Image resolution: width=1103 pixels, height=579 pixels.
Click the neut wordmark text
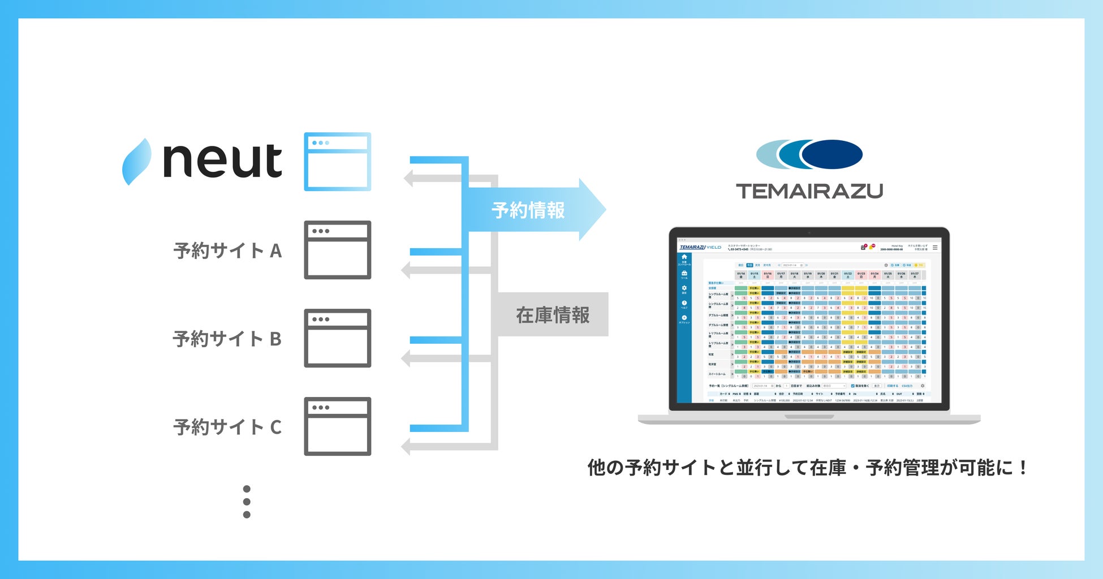click(222, 161)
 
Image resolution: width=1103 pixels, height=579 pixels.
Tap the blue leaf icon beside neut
click(137, 162)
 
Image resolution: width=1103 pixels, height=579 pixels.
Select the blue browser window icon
click(337, 162)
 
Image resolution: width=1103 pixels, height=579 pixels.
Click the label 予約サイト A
click(227, 250)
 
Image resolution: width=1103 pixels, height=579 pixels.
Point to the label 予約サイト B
click(227, 339)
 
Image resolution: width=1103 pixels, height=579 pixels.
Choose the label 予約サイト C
click(227, 427)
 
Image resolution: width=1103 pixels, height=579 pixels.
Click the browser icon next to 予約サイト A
click(337, 250)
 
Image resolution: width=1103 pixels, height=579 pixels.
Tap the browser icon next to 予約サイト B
click(337, 338)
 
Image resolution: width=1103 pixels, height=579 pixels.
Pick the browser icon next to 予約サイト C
click(337, 426)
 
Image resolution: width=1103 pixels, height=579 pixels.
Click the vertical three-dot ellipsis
click(247, 502)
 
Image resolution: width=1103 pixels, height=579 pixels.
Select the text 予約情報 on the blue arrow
click(528, 210)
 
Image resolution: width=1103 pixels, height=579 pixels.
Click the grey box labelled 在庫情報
click(553, 315)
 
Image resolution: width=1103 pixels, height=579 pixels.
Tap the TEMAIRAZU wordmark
click(809, 191)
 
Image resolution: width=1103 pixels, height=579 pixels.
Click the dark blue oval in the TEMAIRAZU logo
click(831, 154)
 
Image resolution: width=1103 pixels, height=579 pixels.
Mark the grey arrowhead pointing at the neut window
click(408, 179)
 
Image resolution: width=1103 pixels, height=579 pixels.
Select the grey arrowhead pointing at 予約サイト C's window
click(406, 446)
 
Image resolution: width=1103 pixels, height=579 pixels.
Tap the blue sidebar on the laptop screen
click(684, 328)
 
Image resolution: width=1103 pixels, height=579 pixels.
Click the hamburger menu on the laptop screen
click(935, 248)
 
